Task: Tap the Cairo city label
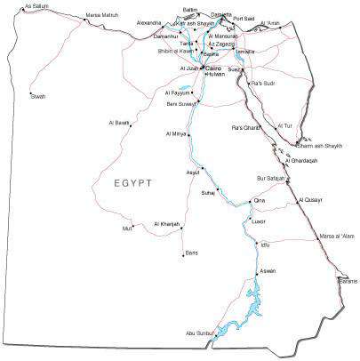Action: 214,67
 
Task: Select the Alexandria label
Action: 149,22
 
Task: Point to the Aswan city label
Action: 268,270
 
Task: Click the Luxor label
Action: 260,221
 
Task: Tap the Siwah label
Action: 37,96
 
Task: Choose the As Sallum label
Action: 36,6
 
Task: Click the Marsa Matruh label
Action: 100,15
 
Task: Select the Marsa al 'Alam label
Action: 336,237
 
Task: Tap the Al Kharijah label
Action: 167,223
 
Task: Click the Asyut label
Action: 193,172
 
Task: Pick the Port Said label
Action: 244,18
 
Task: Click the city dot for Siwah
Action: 31,92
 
